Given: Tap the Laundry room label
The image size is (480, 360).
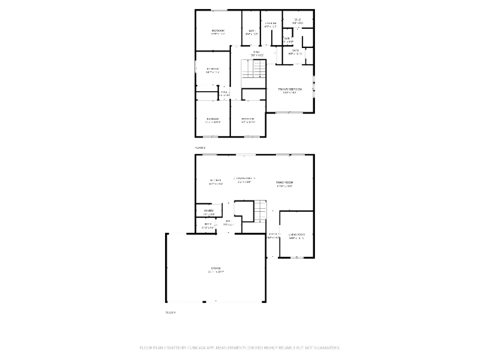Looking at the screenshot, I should coord(270,25).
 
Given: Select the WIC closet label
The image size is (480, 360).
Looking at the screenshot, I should coord(298,21).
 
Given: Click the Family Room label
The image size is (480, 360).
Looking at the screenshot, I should coord(285,183).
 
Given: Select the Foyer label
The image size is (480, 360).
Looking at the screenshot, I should coord(273,235).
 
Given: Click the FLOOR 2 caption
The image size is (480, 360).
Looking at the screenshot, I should coord(200,147).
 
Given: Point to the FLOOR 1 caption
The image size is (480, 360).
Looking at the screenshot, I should coord(171,312).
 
